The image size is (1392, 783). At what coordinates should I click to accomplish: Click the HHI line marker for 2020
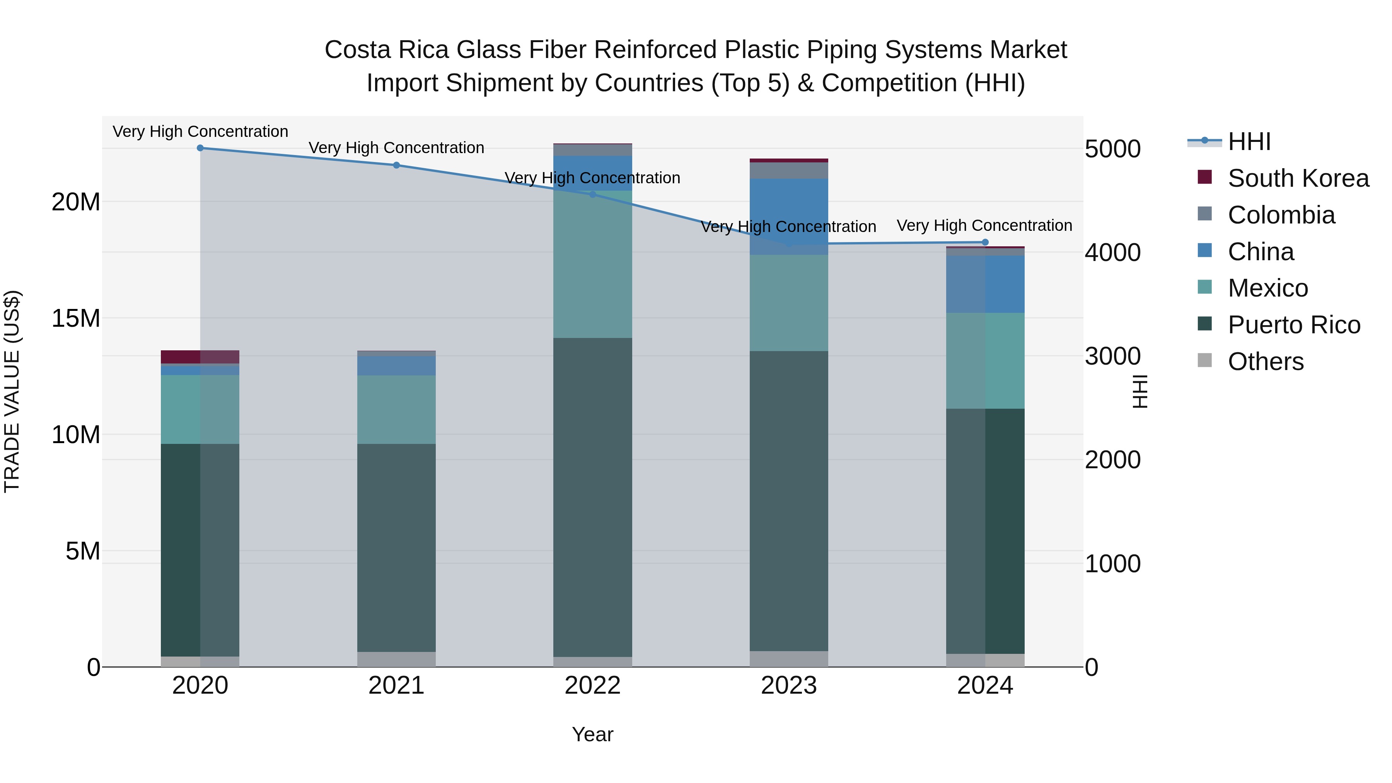(x=200, y=148)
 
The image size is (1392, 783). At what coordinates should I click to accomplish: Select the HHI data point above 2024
(x=984, y=242)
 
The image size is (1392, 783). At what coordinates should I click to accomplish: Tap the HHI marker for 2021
(x=396, y=165)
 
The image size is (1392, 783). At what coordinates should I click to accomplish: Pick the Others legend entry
(x=1265, y=362)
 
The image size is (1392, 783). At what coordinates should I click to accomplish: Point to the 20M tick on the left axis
(x=76, y=202)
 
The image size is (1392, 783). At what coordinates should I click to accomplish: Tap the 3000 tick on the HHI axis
(x=1112, y=356)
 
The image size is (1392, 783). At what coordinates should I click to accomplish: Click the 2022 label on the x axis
(x=592, y=686)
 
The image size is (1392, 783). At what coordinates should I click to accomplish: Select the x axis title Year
(x=592, y=734)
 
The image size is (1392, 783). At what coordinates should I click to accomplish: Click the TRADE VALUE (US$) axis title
(x=12, y=391)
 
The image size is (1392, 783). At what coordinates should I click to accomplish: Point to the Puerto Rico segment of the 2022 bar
(x=592, y=497)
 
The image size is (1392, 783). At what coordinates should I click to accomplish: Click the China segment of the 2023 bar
(x=788, y=216)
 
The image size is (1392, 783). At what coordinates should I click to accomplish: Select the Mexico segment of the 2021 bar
(x=396, y=409)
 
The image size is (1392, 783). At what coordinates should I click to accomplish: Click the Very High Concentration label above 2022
(x=592, y=178)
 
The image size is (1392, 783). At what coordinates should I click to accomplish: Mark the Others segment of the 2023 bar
(x=788, y=659)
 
